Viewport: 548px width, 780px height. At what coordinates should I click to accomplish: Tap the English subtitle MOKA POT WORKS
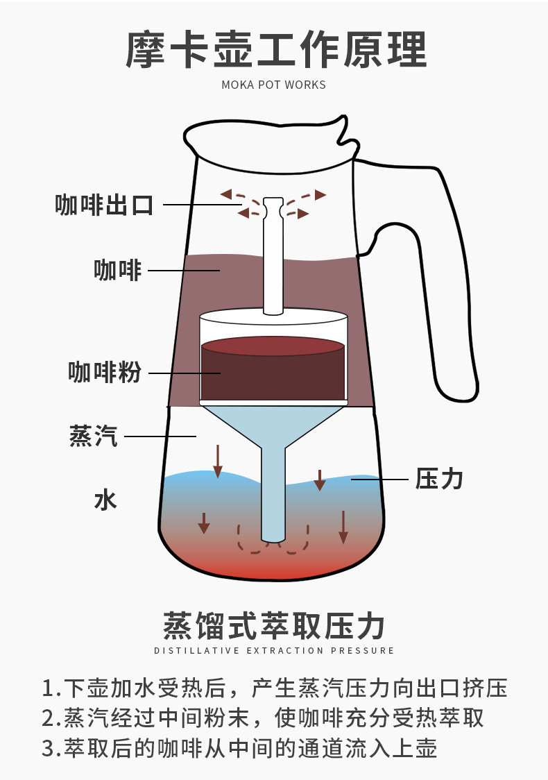(x=273, y=85)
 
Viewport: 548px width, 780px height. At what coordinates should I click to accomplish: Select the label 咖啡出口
(x=104, y=205)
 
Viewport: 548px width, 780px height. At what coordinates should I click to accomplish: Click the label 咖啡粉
(x=105, y=373)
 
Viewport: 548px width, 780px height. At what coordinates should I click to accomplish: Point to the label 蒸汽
(x=94, y=436)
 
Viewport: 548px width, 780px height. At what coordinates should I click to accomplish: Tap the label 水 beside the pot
(x=105, y=499)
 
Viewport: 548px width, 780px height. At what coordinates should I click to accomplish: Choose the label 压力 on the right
(x=438, y=479)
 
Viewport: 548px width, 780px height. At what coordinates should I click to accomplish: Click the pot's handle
(x=444, y=278)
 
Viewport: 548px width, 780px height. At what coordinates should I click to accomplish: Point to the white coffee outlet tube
(x=273, y=257)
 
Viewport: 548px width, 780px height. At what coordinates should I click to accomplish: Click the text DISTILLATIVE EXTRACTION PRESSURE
(x=273, y=651)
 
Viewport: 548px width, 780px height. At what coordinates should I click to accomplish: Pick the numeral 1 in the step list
(x=48, y=688)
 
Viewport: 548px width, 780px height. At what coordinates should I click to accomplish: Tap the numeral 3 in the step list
(x=48, y=749)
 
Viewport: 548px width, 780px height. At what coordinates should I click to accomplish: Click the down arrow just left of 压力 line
(x=320, y=480)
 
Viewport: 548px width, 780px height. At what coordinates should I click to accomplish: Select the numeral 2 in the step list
(x=48, y=718)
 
